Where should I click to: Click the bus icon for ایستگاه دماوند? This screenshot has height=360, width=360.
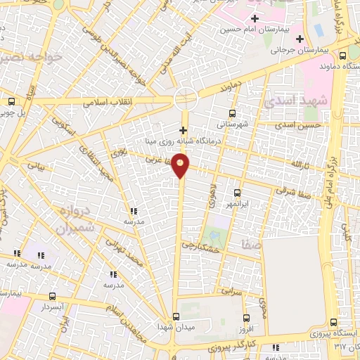pos(342,56)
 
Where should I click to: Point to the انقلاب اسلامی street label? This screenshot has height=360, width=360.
pos(104,101)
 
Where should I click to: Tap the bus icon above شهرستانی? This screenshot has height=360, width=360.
pos(232,113)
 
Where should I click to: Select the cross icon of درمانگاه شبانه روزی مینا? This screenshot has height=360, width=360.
pos(183,130)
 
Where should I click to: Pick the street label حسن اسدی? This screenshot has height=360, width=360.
pos(297,124)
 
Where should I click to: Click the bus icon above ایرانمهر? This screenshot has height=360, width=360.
pos(237,192)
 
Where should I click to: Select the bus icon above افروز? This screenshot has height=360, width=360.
pos(245,318)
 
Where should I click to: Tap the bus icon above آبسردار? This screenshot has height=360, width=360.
pos(52,297)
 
